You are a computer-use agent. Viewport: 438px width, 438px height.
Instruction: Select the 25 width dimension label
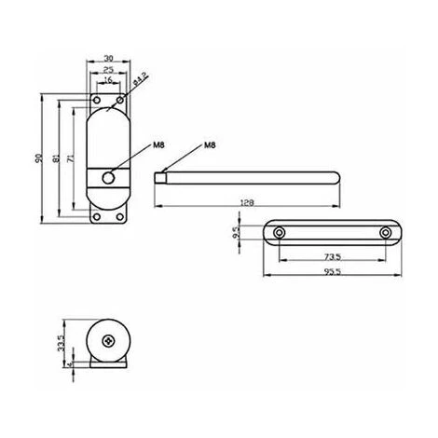click(x=109, y=71)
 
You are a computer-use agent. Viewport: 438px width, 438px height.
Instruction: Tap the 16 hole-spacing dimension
click(x=109, y=81)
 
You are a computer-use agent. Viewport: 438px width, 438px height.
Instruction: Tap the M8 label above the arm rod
click(x=210, y=146)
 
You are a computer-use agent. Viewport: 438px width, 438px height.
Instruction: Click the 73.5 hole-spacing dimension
click(x=331, y=256)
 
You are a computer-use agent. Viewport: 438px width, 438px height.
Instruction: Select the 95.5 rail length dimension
click(x=331, y=271)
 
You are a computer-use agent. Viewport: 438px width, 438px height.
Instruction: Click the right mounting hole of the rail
click(x=385, y=232)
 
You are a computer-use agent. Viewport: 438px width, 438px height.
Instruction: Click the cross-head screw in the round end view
click(x=111, y=342)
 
